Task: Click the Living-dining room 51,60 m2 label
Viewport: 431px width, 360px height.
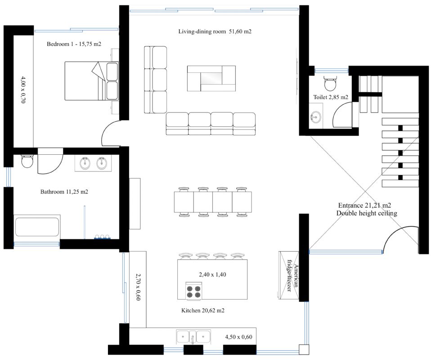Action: click(215, 31)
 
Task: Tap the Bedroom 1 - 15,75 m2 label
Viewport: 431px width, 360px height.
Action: click(74, 44)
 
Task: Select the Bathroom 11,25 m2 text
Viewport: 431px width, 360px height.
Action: click(64, 192)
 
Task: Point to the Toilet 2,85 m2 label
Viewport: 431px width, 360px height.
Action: click(331, 97)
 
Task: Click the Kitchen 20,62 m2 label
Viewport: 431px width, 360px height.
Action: click(203, 310)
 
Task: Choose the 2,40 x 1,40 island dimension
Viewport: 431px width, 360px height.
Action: click(212, 274)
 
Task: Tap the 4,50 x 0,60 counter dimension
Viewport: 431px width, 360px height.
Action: click(238, 337)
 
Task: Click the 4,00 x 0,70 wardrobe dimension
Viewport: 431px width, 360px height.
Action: click(23, 90)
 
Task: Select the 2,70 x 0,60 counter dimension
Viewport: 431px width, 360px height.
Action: click(138, 287)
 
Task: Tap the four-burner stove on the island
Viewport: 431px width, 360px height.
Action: click(193, 291)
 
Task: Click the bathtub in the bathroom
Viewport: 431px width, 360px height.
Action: click(37, 227)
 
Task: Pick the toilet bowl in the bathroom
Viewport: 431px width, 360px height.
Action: click(27, 161)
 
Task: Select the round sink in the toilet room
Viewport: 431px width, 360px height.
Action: click(315, 117)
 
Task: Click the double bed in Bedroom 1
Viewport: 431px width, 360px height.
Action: click(91, 81)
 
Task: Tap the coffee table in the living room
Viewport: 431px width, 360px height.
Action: click(211, 78)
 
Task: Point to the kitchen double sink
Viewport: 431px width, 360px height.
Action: click(193, 337)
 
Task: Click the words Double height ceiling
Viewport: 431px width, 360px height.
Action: click(367, 213)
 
